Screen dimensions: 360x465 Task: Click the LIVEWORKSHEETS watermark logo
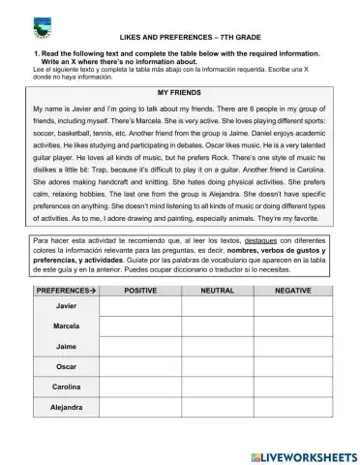(x=296, y=454)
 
